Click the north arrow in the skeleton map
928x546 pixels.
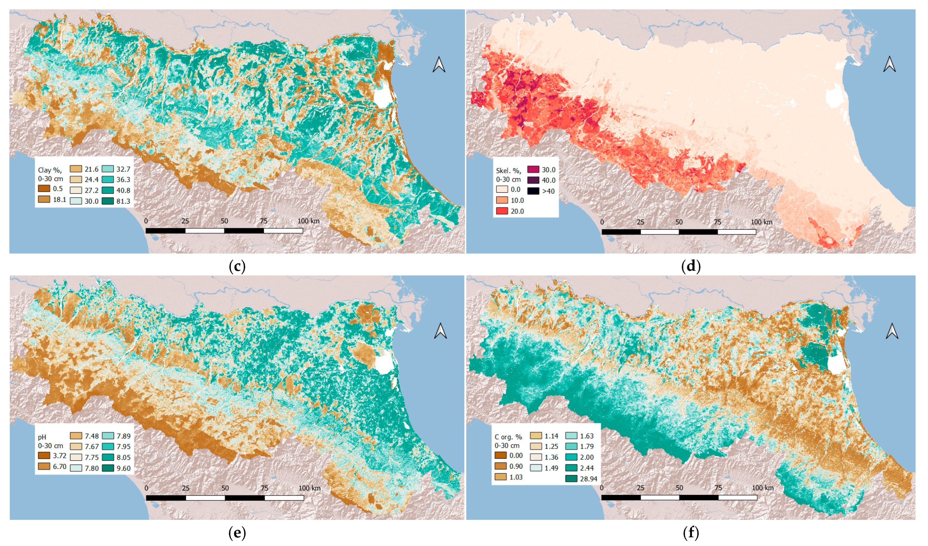[890, 65]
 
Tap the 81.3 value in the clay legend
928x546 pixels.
[123, 201]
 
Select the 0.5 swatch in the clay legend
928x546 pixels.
[44, 188]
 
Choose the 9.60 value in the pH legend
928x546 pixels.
[123, 468]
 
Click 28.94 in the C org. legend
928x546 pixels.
[588, 479]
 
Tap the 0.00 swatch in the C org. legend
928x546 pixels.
[501, 455]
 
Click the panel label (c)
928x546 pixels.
[237, 266]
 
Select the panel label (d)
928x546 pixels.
[691, 266]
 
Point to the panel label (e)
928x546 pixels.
[237, 533]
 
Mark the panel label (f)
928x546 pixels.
[691, 533]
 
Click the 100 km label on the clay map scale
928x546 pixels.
[308, 221]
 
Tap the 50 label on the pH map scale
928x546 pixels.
[225, 488]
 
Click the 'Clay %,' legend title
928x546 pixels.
[50, 170]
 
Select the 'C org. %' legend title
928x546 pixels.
[508, 437]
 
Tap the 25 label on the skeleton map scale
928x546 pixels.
[641, 222]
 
